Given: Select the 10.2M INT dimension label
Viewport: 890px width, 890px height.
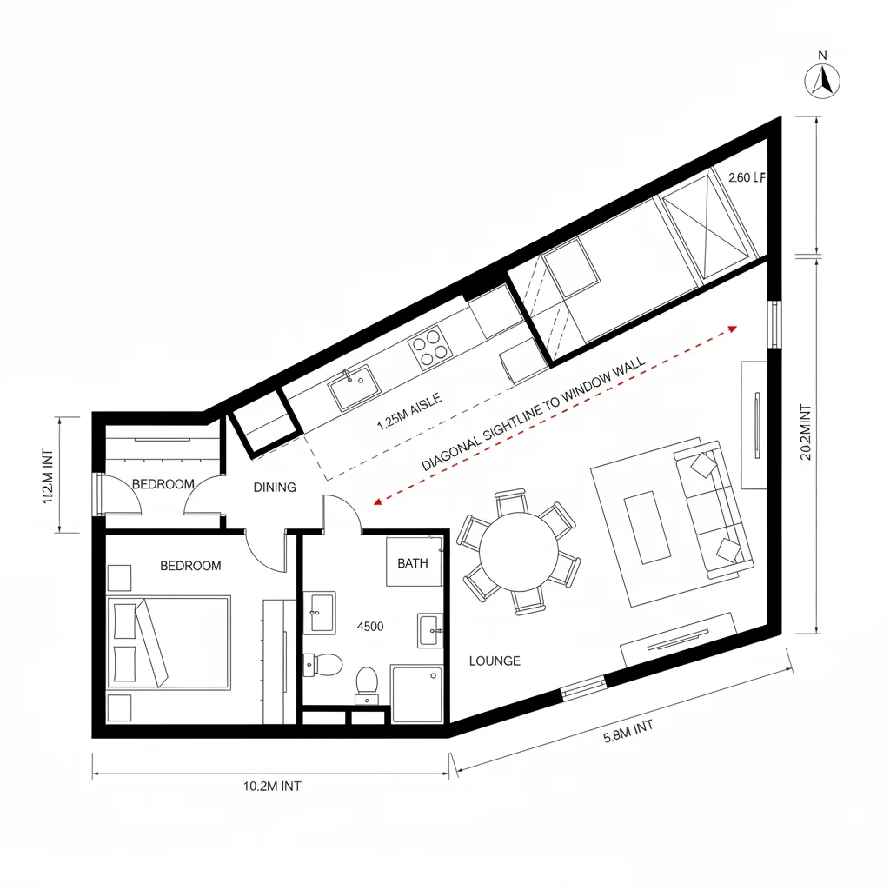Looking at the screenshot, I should coord(272,787).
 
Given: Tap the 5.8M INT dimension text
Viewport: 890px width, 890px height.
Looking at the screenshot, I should coord(628,733).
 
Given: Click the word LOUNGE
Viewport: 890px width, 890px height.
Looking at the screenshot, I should coord(495,661).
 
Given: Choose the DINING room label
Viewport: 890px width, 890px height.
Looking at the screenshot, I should coord(275,488).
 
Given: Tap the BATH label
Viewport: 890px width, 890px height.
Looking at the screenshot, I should coord(413,563).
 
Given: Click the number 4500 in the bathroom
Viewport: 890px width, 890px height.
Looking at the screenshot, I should coord(371,625).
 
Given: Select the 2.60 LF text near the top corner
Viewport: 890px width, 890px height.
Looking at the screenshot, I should coord(747,178).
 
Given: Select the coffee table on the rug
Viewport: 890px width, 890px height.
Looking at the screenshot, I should coord(648,527).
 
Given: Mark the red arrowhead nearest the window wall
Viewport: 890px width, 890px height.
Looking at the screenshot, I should coord(733,329).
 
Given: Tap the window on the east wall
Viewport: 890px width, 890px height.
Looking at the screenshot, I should coord(773,325).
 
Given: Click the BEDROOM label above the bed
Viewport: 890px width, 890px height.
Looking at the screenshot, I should coord(191,566).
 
